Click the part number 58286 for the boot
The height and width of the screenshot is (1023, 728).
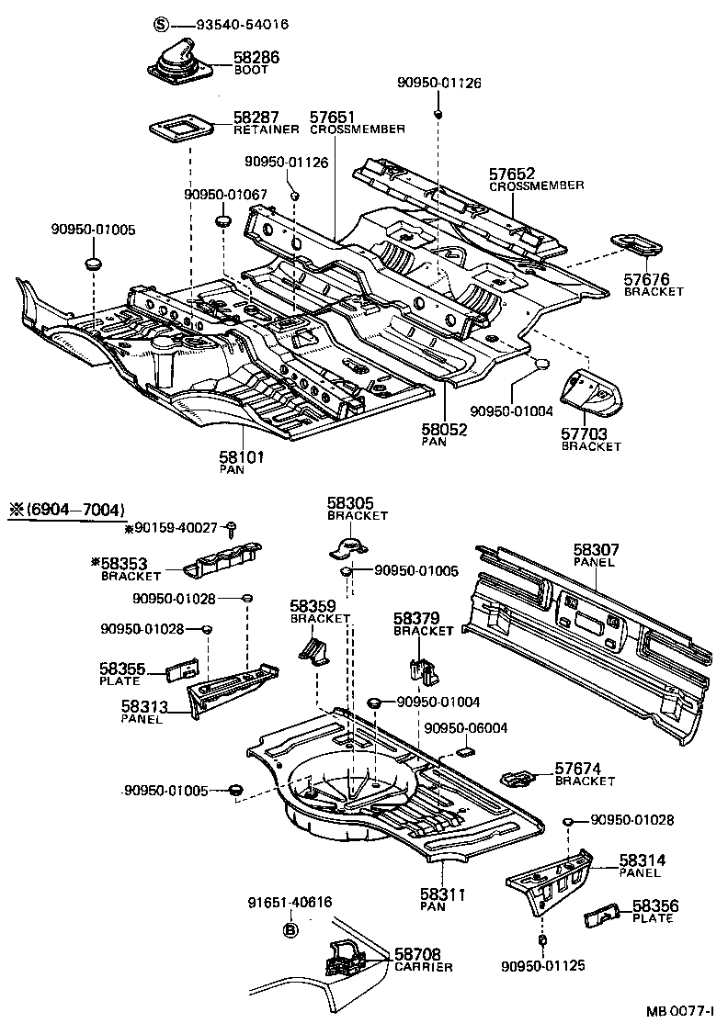coord(256,58)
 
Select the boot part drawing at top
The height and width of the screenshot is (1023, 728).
coord(181,65)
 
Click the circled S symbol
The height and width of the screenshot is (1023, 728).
coord(161,24)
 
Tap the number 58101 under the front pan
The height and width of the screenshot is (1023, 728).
coord(241,456)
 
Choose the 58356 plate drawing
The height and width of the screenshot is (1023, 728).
coord(601,916)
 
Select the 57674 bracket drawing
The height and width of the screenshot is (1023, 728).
coord(521,777)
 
